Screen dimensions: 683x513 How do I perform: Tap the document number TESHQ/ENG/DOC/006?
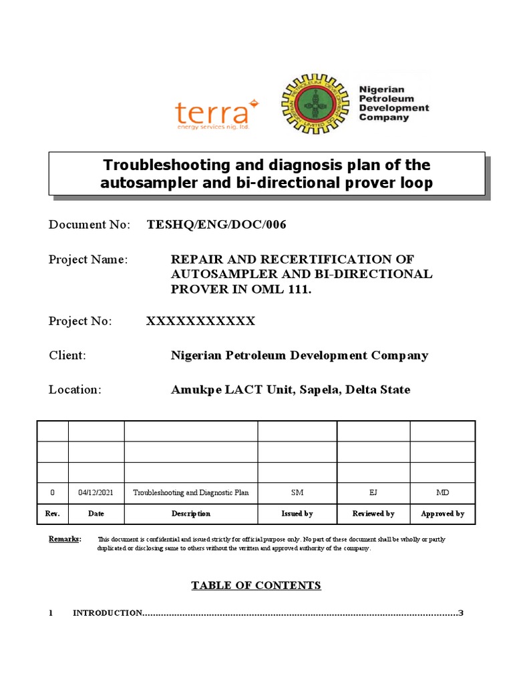[216, 225]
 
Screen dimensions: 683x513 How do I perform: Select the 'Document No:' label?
[90, 225]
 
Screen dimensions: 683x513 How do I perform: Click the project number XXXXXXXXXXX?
[200, 321]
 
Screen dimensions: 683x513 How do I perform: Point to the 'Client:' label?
[67, 356]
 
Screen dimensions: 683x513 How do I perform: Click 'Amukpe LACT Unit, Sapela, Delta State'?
[291, 390]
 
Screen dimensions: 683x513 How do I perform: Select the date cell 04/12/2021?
[96, 493]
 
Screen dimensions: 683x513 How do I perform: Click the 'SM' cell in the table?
[297, 493]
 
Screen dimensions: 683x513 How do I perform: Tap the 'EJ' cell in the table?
[373, 493]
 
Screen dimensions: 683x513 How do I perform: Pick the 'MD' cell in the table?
[442, 493]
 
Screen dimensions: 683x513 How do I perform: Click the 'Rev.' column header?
[53, 514]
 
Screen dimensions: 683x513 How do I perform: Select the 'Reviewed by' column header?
[373, 514]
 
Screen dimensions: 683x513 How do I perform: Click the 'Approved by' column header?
[442, 514]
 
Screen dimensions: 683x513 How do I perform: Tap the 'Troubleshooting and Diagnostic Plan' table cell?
[191, 493]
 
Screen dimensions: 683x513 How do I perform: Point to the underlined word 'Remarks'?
[65, 538]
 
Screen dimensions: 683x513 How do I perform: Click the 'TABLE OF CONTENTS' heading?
[256, 586]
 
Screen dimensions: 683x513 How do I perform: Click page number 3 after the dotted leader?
[460, 613]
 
